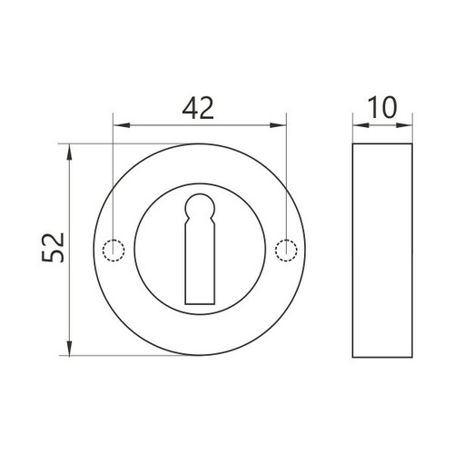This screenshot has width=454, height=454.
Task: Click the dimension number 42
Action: click(x=198, y=108)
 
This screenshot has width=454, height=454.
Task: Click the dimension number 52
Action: click(x=54, y=247)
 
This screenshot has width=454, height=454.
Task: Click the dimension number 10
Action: click(x=382, y=107)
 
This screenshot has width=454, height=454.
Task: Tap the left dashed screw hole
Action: click(x=113, y=251)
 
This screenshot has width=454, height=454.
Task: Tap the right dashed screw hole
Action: click(x=286, y=251)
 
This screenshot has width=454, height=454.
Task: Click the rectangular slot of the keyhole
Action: click(x=200, y=263)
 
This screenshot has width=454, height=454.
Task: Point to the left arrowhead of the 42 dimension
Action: click(x=122, y=125)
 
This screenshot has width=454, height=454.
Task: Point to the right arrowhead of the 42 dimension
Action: click(x=278, y=125)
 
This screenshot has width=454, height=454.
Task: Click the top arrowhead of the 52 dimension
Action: click(x=70, y=152)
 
